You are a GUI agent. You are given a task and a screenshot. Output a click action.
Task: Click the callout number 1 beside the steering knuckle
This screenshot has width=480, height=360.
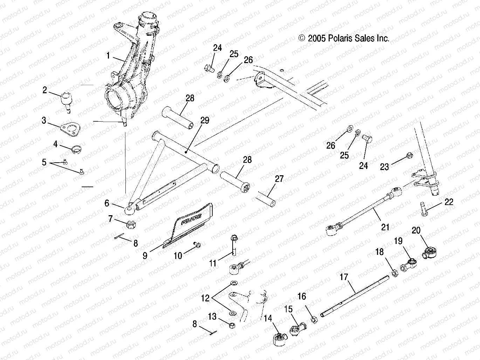pyautogui.click(x=108, y=55)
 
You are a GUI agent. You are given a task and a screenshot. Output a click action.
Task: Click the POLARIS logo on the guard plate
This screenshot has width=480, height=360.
pyautogui.click(x=192, y=220)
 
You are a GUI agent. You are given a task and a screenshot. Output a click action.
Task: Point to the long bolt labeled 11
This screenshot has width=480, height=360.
pyautogui.click(x=234, y=245)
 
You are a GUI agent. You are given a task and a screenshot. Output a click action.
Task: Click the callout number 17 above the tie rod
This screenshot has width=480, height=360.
pyautogui.click(x=344, y=277)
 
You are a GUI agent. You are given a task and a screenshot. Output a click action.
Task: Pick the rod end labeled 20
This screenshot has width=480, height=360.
pyautogui.click(x=430, y=252)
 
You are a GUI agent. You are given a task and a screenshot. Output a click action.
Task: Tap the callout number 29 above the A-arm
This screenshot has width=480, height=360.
pyautogui.click(x=205, y=121)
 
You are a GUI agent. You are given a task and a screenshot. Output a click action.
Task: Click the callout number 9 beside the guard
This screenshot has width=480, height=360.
pyautogui.click(x=145, y=255)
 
